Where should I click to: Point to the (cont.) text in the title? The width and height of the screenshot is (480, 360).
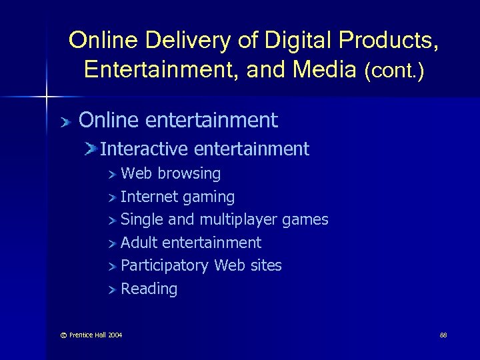coord(394,70)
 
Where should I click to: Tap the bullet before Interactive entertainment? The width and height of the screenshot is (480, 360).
coord(91,149)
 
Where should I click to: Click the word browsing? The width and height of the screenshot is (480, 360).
coord(189,174)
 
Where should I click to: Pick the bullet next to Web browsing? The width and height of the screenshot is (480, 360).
coord(113,175)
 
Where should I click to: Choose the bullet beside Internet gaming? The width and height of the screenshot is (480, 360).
coord(113,197)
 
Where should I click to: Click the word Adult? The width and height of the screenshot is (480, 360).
coord(139,243)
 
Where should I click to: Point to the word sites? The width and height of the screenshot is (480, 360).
coord(265,265)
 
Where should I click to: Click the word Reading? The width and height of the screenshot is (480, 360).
coord(149,289)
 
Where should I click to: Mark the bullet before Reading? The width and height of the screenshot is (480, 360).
coord(113,289)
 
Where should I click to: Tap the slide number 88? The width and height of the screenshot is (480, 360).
coord(443,334)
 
